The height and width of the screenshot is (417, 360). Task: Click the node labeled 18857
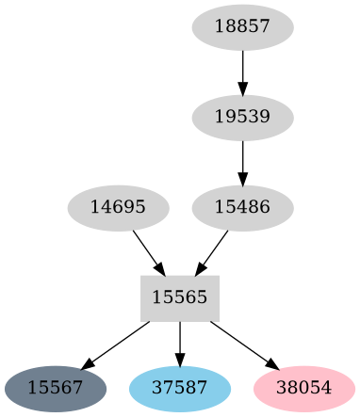[x=242, y=28]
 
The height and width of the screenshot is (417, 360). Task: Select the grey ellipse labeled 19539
[x=242, y=118]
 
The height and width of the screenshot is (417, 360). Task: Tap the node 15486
[x=242, y=206]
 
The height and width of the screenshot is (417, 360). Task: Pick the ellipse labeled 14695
[x=118, y=206]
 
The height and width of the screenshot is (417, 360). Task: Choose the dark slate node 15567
[x=55, y=387]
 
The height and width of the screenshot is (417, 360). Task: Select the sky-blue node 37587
[x=180, y=387]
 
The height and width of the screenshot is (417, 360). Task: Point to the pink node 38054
[x=304, y=387]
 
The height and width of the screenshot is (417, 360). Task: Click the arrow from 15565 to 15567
[x=118, y=343]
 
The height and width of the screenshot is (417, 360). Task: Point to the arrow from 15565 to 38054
[x=242, y=343]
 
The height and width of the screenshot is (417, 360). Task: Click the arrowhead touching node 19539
[x=242, y=89]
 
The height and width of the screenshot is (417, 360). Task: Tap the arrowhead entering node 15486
[x=242, y=179]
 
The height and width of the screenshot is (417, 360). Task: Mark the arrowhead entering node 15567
[x=88, y=363]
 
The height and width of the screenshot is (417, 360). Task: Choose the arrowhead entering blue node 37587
[x=180, y=359]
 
